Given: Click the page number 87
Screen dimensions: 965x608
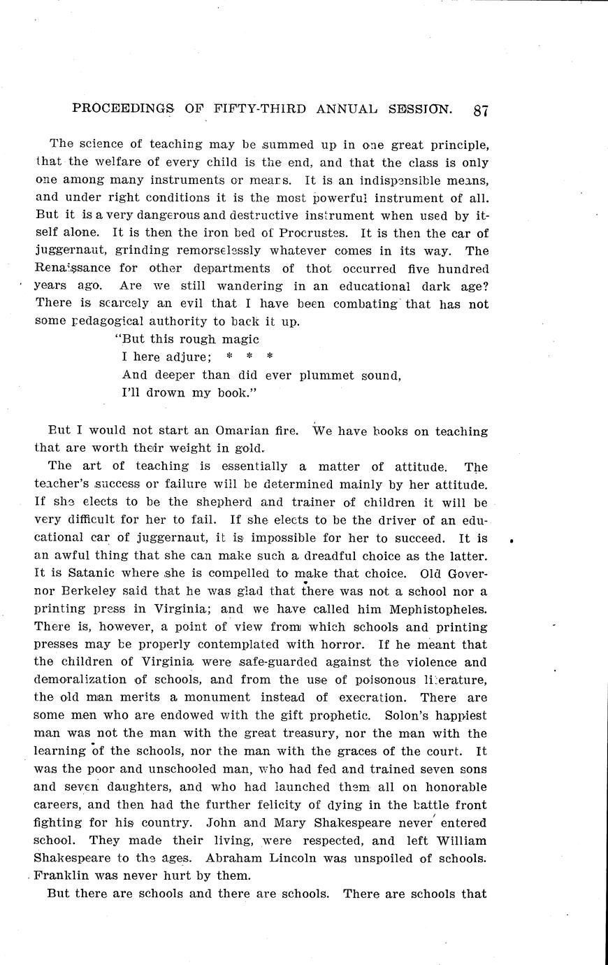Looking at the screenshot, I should tap(481, 110).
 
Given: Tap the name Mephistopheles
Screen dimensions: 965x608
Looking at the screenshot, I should tap(428, 609).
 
